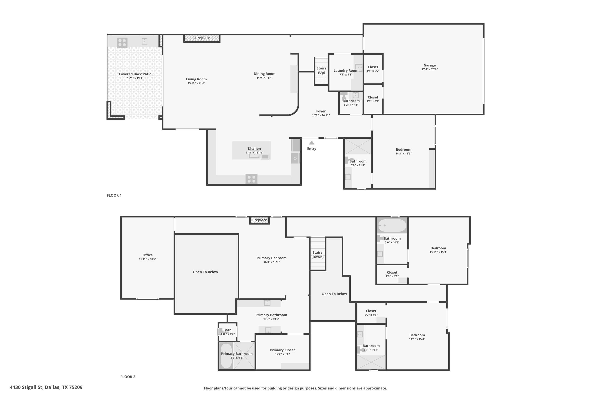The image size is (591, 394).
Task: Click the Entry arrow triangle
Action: [x=312, y=143]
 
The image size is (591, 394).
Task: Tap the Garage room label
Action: [x=430, y=65]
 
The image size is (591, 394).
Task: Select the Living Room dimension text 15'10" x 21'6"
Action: [x=196, y=83]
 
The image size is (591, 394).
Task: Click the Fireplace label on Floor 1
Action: [x=202, y=38]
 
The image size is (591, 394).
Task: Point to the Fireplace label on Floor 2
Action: [x=259, y=220]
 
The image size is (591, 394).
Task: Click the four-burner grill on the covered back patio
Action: [x=122, y=43]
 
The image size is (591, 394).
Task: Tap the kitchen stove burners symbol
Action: [x=252, y=179]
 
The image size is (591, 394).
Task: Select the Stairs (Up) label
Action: [x=321, y=70]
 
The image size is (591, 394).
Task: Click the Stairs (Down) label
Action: [x=318, y=255]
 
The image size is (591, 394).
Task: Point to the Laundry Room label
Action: [x=346, y=71]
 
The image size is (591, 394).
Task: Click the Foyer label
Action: [x=321, y=111]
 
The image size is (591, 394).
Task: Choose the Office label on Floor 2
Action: [x=148, y=255]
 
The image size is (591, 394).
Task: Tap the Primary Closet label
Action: [x=282, y=350]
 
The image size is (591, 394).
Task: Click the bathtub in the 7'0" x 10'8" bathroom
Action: [x=392, y=225]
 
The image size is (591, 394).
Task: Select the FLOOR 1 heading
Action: [x=114, y=195]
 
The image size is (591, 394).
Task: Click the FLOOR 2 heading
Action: [x=128, y=377]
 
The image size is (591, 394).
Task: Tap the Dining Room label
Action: [x=265, y=74]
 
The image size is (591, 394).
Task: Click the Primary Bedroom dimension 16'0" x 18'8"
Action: [x=272, y=262]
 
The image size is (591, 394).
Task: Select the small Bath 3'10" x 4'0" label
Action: [x=227, y=332]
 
